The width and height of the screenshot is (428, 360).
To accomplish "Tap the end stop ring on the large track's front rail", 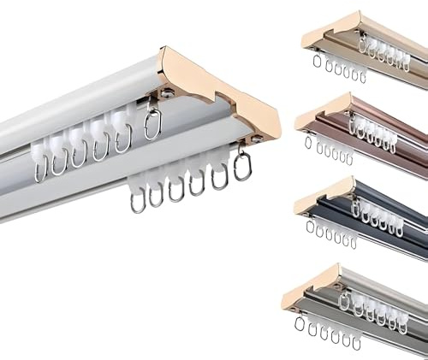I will click(x=242, y=166).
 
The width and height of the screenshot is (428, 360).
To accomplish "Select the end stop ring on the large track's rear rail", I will click(x=152, y=125).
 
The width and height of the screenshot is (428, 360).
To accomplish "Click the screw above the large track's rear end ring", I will click(x=167, y=91).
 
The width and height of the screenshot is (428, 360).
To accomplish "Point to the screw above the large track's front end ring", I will click(x=254, y=138).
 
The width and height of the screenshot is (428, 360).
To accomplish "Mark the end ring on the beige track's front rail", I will click(x=317, y=61).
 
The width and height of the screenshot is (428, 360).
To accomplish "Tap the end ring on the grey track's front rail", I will click(x=300, y=322).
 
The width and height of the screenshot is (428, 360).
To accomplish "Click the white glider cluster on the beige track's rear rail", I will click(x=381, y=51).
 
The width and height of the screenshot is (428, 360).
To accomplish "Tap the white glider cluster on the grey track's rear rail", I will click(x=368, y=305).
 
